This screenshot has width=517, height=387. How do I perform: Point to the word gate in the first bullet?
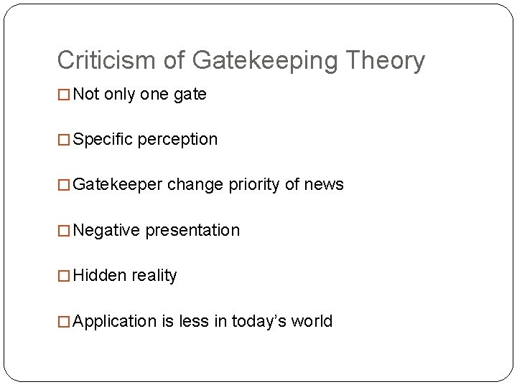click(x=190, y=95)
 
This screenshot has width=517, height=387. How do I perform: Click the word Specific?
click(x=103, y=140)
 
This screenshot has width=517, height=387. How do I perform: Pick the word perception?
click(x=177, y=140)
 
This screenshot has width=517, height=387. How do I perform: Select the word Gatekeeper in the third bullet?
click(x=118, y=185)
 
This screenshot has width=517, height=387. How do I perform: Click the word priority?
click(x=254, y=185)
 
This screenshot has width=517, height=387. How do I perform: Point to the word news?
click(x=324, y=185)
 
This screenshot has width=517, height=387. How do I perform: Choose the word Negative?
click(x=106, y=230)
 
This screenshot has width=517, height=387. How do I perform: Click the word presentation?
click(x=192, y=231)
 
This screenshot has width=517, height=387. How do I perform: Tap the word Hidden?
click(x=99, y=275)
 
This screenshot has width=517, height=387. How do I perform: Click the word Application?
click(x=115, y=321)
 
